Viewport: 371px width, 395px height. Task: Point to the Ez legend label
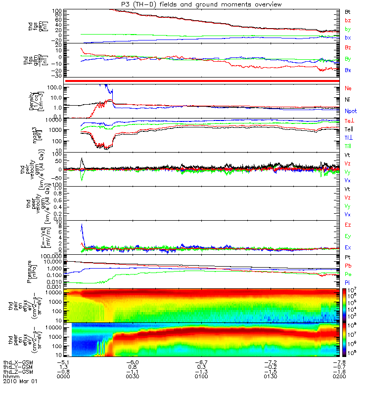pos(348,225)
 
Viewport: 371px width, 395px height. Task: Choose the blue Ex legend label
pos(348,247)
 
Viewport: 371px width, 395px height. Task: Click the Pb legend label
pos(348,266)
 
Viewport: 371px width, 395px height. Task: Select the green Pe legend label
pos(348,274)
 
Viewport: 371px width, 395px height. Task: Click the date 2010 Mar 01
pos(20,382)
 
